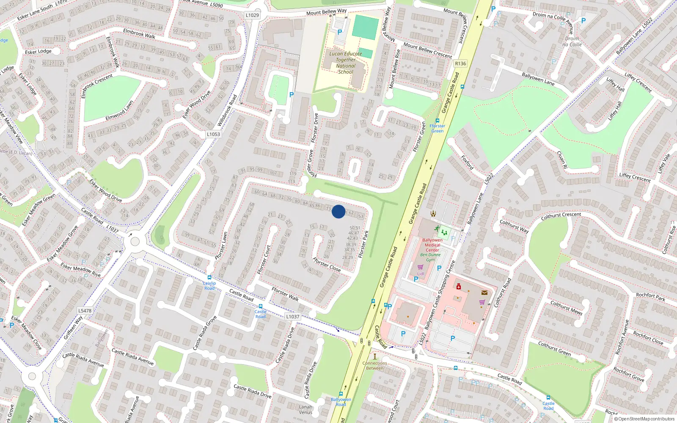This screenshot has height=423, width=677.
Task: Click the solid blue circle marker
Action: coord(338,211)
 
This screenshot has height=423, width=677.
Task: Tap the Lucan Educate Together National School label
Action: coord(346,63)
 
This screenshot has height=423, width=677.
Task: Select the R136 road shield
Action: coord(460,63)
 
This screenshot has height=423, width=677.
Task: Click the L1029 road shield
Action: coord(252,15)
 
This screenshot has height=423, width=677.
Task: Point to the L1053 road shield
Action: coord(213,134)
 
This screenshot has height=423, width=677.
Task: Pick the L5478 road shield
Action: coord(85,310)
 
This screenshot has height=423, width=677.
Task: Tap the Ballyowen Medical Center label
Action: coord(432,245)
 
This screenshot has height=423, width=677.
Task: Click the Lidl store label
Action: coord(421,274)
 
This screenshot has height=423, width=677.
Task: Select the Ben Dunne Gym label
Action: coord(430,257)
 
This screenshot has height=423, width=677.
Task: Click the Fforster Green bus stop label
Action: coord(437,128)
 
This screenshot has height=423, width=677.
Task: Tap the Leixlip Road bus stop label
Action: coord(209,286)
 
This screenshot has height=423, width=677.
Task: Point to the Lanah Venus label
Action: coord(305,409)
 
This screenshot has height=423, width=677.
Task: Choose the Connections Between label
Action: coord(374,365)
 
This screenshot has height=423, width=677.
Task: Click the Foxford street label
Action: coord(467,162)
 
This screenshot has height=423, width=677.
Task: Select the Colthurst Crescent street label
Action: coord(561,216)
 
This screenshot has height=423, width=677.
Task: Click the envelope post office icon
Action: coord(484,292)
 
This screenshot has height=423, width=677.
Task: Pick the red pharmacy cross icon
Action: coord(458,287)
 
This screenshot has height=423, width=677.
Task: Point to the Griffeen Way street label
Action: coord(73,328)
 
